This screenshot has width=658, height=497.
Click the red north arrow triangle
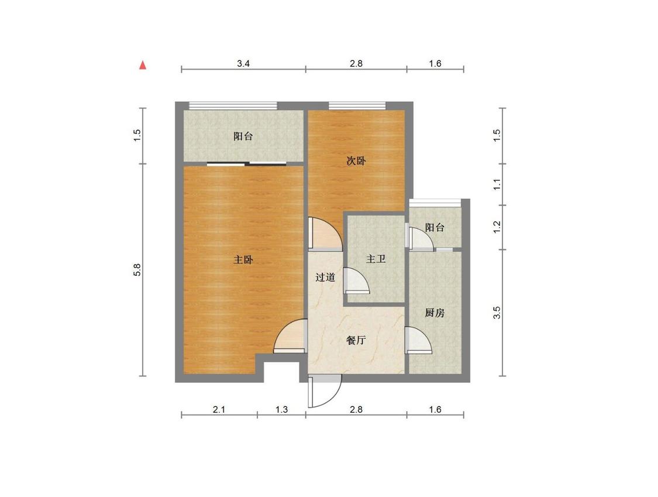pos(143,65)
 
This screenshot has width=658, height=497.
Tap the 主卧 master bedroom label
pos(243,260)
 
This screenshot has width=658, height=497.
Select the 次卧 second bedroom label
pos(356,160)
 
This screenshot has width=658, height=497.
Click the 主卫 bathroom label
pos(375,259)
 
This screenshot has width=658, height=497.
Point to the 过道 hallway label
pos(325,277)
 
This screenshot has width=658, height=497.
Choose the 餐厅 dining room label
pos(356,340)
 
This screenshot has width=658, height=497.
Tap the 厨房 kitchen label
pos(435,313)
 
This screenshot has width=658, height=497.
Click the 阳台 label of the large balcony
pos(243,136)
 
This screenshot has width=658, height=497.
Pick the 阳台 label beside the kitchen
pos(435,228)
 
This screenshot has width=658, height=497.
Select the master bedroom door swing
pos(290,337)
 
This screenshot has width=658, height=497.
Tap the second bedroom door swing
pos(325,234)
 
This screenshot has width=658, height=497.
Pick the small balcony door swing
pos(421,239)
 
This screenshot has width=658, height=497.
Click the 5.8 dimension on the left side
pos(137,269)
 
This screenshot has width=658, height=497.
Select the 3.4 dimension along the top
pos(243,63)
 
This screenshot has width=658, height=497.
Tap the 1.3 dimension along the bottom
pos(281,409)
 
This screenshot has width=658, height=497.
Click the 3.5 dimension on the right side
pos(497,313)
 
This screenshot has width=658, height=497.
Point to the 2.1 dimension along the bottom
pos(219,409)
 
